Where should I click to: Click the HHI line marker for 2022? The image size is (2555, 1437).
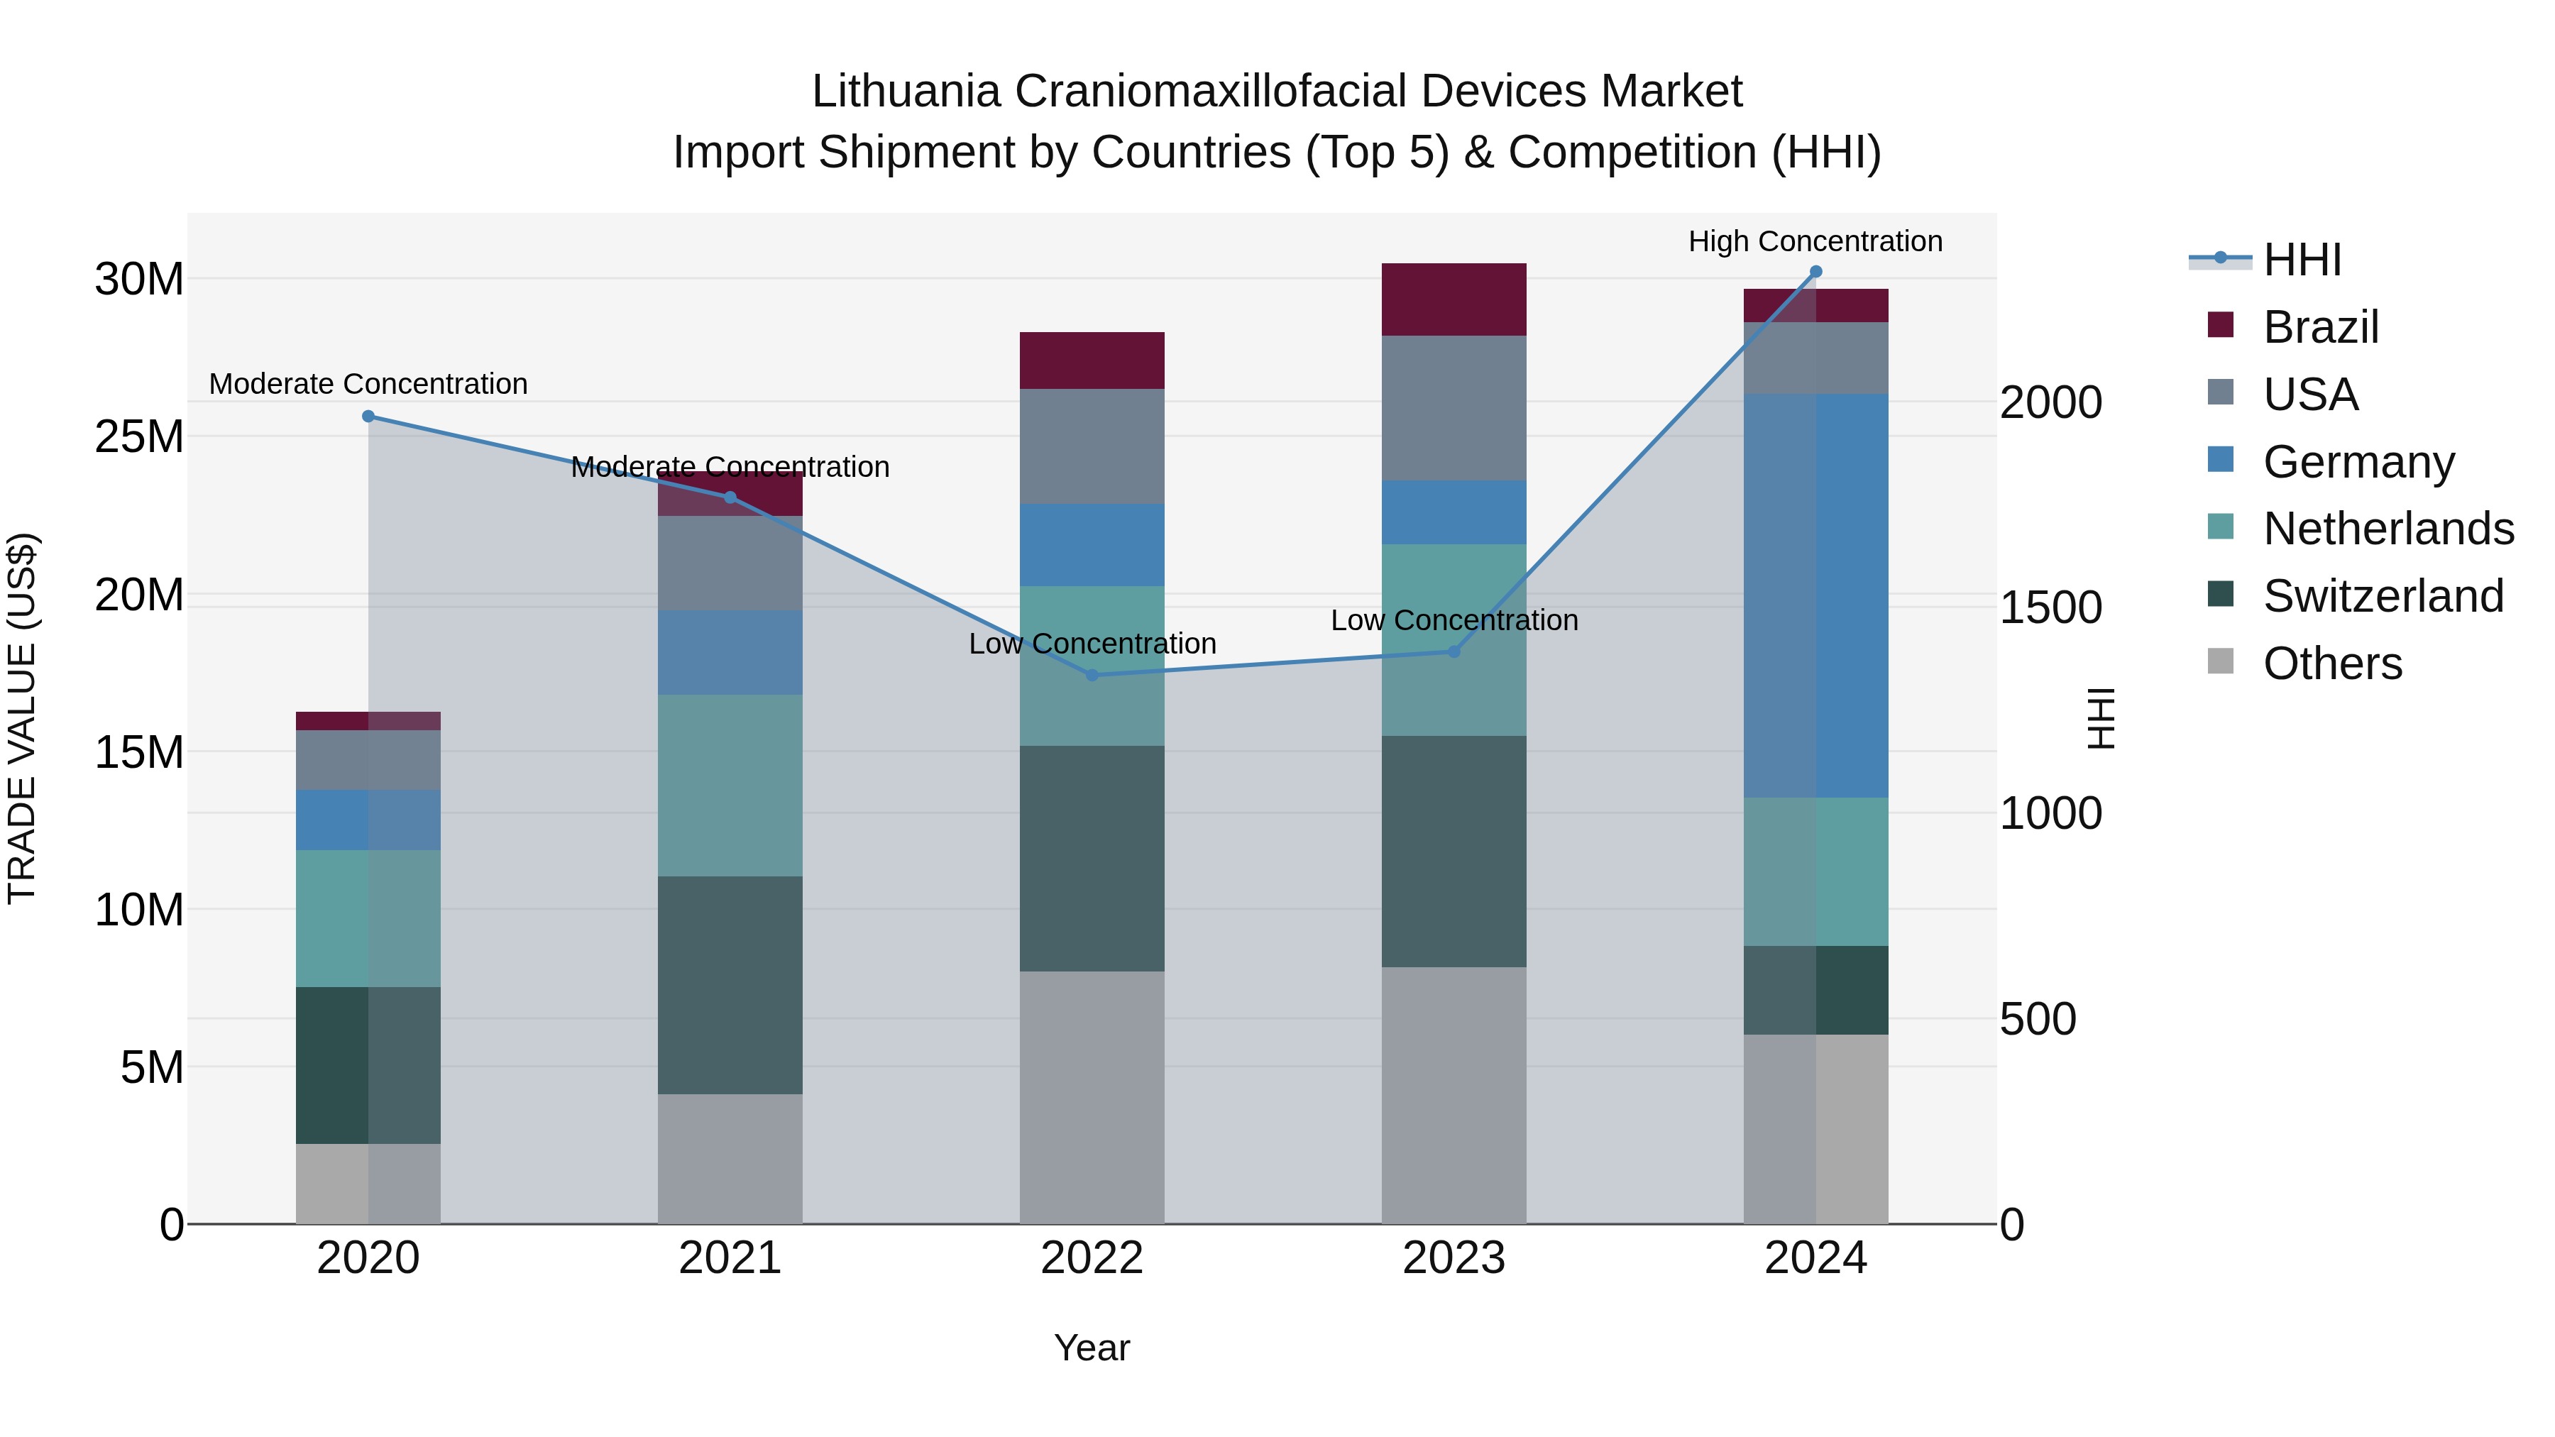pos(1092,676)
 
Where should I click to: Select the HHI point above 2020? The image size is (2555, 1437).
pos(368,417)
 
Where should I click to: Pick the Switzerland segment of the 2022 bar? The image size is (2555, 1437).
pos(1092,858)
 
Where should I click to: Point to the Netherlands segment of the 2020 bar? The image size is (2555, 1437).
pos(368,918)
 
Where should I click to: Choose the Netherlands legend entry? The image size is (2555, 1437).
pos(2388,529)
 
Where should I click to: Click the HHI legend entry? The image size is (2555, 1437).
pos(2301,260)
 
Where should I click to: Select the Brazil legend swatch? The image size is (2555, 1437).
pos(2221,325)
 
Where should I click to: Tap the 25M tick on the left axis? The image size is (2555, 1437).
pos(139,436)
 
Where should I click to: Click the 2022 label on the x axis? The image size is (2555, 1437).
pos(1092,1258)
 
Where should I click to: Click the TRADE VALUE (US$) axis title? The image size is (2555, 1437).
pos(22,718)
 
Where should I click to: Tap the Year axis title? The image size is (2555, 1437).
pos(1092,1348)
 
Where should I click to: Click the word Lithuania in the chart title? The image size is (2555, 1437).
pos(906,92)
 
